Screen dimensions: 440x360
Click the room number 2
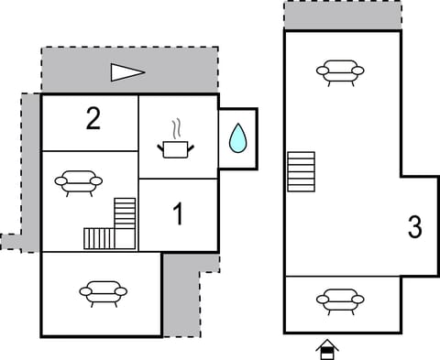point(93,119)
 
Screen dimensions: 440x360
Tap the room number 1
point(178,214)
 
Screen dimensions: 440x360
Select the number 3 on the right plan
point(414,227)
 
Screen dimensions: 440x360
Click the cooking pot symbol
point(178,147)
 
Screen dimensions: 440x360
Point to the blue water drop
point(237,137)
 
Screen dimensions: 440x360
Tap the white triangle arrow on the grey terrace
point(127,71)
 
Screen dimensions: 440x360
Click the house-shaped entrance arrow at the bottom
point(326,349)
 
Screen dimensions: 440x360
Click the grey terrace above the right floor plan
point(342,16)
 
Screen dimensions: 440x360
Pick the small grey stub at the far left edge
point(10,242)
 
